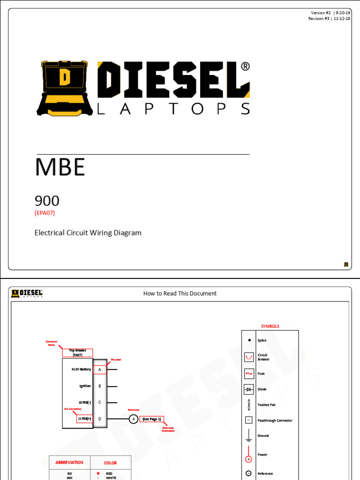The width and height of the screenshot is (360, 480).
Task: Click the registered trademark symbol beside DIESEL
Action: pyautogui.click(x=245, y=67)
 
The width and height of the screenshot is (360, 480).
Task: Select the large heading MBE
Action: pyautogui.click(x=60, y=167)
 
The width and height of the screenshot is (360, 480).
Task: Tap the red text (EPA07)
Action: pyautogui.click(x=48, y=213)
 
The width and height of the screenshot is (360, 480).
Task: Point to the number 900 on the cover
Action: pyautogui.click(x=47, y=201)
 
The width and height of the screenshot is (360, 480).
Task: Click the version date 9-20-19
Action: pyautogui.click(x=342, y=13)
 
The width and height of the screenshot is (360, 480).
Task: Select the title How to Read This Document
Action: pyautogui.click(x=180, y=293)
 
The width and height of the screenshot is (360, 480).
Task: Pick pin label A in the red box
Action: pyautogui.click(x=100, y=369)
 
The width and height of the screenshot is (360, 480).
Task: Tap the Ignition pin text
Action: pyautogui.click(x=85, y=386)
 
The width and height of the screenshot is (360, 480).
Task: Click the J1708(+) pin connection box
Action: pyautogui.click(x=84, y=419)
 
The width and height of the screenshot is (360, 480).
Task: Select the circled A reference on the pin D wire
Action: pyautogui.click(x=133, y=419)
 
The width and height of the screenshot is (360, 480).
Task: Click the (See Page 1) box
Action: pyautogui.click(x=152, y=419)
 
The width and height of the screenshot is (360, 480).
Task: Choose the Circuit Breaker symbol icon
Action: pyautogui.click(x=249, y=357)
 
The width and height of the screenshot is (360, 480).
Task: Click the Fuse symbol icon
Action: pyautogui.click(x=249, y=374)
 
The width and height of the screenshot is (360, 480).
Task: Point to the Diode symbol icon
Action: pyautogui.click(x=249, y=389)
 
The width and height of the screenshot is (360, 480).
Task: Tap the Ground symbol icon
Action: pyautogui.click(x=249, y=436)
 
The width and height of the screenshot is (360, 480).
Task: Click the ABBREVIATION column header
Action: pyautogui.click(x=69, y=463)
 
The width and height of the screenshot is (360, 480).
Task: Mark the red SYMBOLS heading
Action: pyautogui.click(x=270, y=326)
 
